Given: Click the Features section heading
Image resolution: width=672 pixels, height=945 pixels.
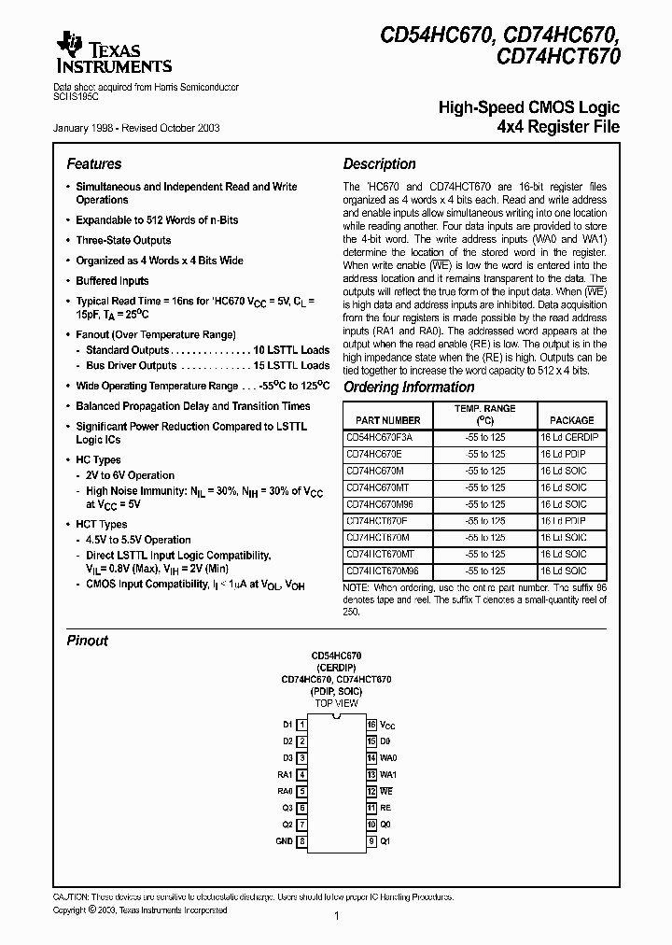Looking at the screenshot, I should (x=93, y=163).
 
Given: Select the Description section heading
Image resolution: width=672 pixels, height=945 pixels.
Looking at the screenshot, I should (x=379, y=163).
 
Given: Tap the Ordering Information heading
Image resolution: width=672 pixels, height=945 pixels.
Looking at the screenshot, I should (x=409, y=388).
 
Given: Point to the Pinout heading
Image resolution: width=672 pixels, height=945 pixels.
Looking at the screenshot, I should (x=87, y=641).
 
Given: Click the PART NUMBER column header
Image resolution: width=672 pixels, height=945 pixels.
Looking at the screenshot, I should (x=384, y=420).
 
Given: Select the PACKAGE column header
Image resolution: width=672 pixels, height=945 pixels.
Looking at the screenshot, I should (x=571, y=420).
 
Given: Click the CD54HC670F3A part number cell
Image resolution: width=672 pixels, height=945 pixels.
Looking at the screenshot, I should (x=379, y=437).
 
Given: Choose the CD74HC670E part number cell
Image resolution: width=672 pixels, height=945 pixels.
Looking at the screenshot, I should (x=376, y=454).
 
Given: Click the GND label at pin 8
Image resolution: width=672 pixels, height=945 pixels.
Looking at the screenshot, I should (x=285, y=841).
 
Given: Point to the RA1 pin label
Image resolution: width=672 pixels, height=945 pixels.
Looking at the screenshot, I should (x=285, y=774).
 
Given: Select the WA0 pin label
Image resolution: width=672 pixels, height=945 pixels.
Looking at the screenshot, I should (x=389, y=758).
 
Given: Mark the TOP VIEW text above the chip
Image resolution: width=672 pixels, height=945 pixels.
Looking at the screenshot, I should (x=336, y=702).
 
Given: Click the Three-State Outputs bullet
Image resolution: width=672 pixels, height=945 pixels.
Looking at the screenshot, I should (x=123, y=240).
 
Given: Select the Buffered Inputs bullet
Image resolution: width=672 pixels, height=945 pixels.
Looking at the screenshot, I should (x=112, y=280).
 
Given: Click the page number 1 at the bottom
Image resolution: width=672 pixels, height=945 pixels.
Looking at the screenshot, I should (x=335, y=917).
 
